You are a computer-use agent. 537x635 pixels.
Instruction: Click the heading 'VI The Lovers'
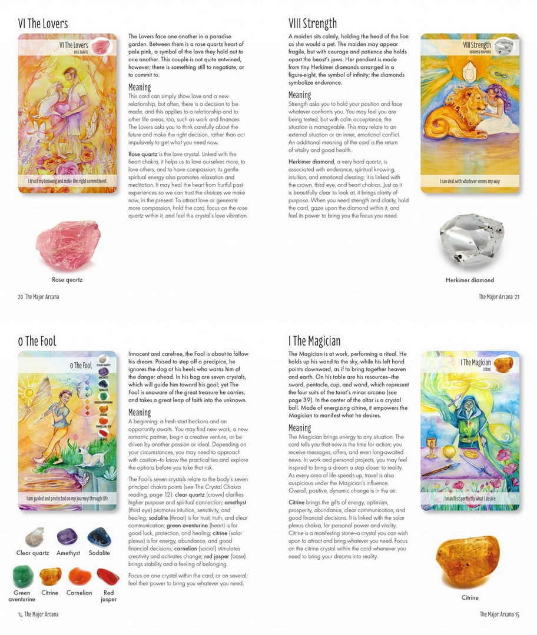(x=43, y=24)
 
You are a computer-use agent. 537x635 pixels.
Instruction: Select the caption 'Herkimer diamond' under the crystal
(x=469, y=280)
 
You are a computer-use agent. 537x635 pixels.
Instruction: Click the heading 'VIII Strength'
(x=313, y=24)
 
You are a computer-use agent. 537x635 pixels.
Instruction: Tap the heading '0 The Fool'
(x=37, y=342)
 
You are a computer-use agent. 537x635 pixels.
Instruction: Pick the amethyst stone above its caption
(x=67, y=537)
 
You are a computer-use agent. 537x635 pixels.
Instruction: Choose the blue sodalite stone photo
(x=99, y=537)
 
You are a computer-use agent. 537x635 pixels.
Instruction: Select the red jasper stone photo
(x=108, y=576)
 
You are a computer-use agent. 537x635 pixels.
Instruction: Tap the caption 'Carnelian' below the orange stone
(x=79, y=593)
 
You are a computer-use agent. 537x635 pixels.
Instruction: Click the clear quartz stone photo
(x=35, y=536)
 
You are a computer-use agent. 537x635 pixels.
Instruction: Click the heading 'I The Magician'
(x=314, y=342)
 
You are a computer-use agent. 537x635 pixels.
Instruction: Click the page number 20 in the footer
(x=20, y=297)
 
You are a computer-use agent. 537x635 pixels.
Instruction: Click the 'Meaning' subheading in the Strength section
(x=300, y=95)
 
